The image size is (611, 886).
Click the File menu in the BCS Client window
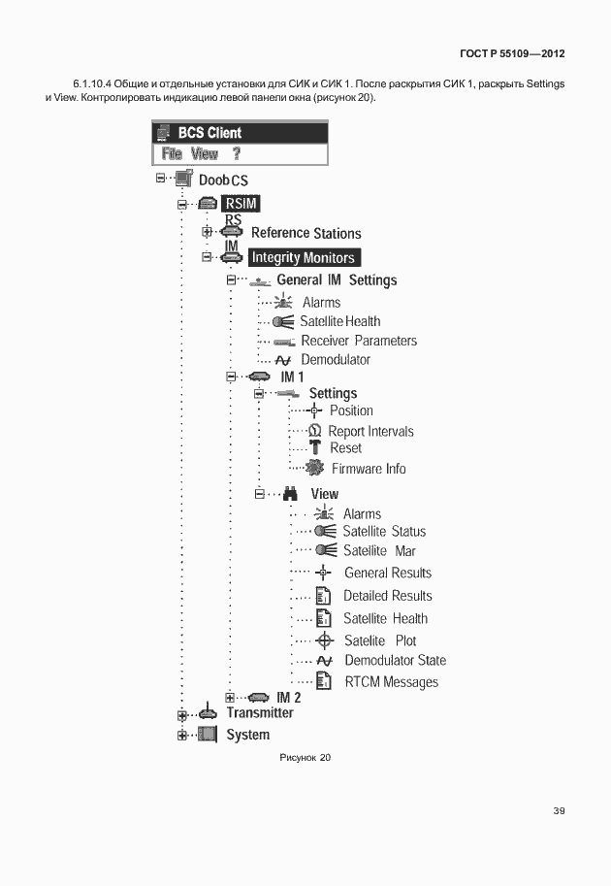(x=172, y=153)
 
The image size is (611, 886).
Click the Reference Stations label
(x=305, y=233)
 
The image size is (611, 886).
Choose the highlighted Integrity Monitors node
(x=304, y=257)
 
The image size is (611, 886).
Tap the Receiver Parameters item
(x=359, y=341)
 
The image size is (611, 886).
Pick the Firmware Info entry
(x=369, y=469)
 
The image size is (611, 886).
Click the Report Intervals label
(x=370, y=431)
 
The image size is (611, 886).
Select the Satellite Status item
(x=384, y=532)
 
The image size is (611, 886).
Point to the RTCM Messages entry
(x=391, y=682)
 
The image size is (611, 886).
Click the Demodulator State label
(x=395, y=661)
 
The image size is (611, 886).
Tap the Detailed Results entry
(x=388, y=596)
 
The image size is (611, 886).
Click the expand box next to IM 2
(x=230, y=697)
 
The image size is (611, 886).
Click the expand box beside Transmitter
(x=181, y=715)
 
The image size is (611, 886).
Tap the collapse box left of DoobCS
(x=160, y=179)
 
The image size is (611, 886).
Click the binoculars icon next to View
(x=288, y=493)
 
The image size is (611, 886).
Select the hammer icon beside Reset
(x=314, y=448)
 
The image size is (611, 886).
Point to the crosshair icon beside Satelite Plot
(x=325, y=640)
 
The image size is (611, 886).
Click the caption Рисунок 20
(x=305, y=758)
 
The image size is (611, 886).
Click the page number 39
(x=559, y=811)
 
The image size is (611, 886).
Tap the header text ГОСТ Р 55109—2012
(x=512, y=52)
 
